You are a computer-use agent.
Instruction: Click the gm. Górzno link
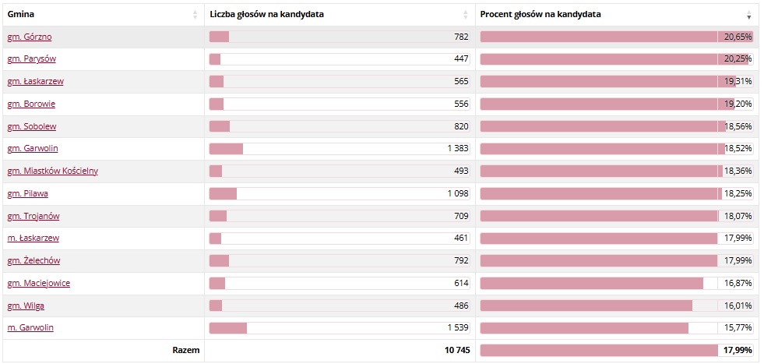(x=30, y=37)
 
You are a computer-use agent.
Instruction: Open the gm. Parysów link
(x=31, y=59)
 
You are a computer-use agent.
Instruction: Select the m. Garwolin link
(x=30, y=328)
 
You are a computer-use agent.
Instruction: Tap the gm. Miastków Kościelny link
(x=52, y=171)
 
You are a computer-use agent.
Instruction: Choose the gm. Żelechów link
(x=33, y=260)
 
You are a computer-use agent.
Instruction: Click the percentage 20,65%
(x=738, y=37)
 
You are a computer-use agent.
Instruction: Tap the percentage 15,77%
(x=738, y=328)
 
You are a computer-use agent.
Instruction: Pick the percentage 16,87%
(x=738, y=283)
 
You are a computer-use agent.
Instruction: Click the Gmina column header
(x=21, y=14)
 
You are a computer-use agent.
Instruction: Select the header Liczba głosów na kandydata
(x=267, y=14)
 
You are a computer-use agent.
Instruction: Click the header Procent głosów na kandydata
(x=540, y=14)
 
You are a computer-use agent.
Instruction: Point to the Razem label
(x=185, y=351)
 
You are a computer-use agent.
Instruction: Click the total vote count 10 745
(x=457, y=351)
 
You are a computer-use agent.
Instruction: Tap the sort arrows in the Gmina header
(x=195, y=15)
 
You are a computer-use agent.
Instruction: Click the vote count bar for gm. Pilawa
(x=224, y=193)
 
